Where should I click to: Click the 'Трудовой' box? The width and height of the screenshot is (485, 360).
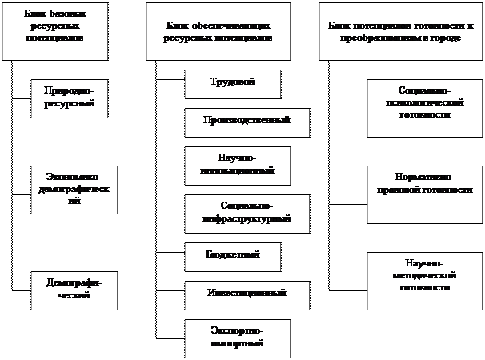[x=232, y=83]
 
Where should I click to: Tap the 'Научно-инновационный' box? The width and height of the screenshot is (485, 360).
[x=237, y=164]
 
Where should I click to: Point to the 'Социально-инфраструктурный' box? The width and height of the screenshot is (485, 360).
[x=247, y=212]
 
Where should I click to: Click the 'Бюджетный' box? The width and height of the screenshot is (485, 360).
[x=233, y=256]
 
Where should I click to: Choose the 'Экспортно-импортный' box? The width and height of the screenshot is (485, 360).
[x=236, y=337]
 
